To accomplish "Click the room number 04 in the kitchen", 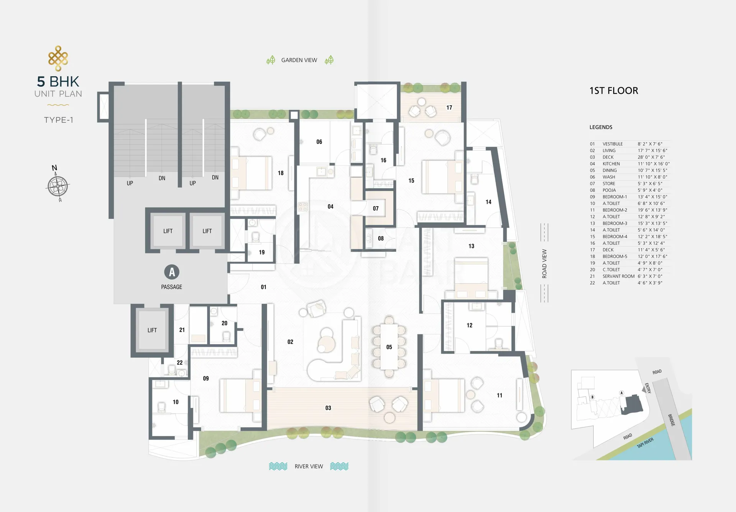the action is (x=330, y=207).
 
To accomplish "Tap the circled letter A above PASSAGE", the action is (x=172, y=272).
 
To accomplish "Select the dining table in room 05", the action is (x=389, y=347).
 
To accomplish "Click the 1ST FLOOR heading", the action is (x=614, y=91).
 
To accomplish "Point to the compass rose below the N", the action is (x=58, y=187).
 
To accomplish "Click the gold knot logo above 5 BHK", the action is (x=58, y=58).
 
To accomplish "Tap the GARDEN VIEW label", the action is (x=299, y=60).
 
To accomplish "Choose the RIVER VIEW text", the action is (x=309, y=466).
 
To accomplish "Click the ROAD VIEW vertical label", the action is (x=544, y=264).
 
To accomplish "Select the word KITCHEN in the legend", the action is (x=611, y=164).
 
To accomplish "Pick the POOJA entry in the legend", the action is (x=609, y=190).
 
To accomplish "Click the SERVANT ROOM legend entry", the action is (x=618, y=276).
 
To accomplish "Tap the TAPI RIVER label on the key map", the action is (x=645, y=443).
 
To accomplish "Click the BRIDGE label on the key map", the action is (x=672, y=420).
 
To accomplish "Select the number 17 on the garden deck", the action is (x=449, y=108).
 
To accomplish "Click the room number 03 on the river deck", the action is (x=328, y=408).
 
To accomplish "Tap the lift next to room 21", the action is (x=152, y=330).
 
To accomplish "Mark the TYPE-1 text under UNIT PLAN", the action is (x=59, y=120).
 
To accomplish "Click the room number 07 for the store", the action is (x=376, y=208).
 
